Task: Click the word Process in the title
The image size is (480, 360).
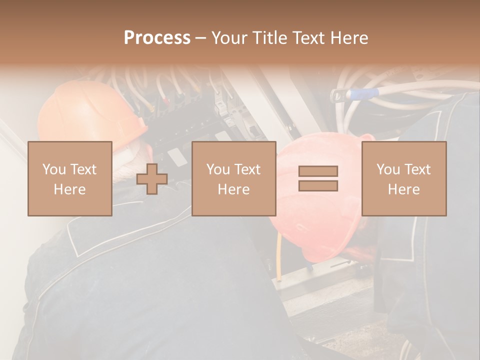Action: point(157,38)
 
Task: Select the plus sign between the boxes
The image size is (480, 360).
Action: point(152,179)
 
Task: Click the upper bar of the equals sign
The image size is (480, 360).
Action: point(318,171)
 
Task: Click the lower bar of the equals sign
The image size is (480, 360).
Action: point(318,185)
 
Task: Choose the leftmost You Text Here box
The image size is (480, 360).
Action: point(69,178)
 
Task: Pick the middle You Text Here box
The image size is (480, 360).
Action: point(233,178)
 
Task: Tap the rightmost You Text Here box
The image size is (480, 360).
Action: point(403,178)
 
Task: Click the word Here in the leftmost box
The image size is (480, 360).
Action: point(69,189)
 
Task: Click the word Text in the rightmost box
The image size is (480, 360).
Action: point(418,169)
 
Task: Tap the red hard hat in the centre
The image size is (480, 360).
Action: point(320,235)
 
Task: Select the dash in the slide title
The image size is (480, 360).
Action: point(201,38)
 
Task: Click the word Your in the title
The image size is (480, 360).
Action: point(230,38)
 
